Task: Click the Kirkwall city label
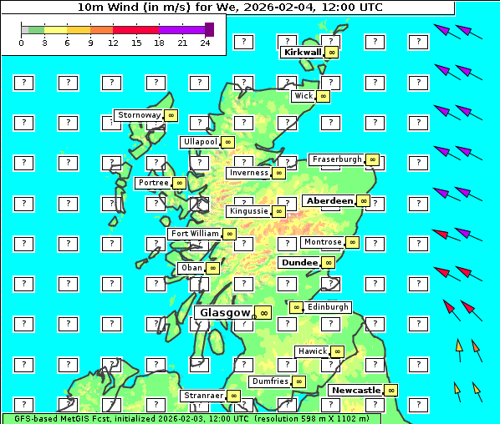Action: click(303, 52)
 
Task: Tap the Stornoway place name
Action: click(139, 115)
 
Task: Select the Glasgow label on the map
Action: click(223, 312)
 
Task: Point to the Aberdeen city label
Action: click(329, 201)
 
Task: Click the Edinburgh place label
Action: click(328, 307)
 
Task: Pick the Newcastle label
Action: click(356, 391)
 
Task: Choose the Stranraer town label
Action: click(203, 396)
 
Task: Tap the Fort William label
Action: click(194, 234)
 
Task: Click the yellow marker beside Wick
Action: click(324, 97)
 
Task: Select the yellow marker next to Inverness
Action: click(279, 173)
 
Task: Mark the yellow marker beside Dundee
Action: click(329, 263)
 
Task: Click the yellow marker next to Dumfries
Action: click(299, 381)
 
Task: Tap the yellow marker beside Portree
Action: click(179, 183)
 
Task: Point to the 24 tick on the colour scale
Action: click(206, 43)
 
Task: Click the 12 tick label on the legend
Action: click(113, 43)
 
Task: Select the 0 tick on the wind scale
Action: click(21, 43)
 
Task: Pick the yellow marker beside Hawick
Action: click(337, 351)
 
